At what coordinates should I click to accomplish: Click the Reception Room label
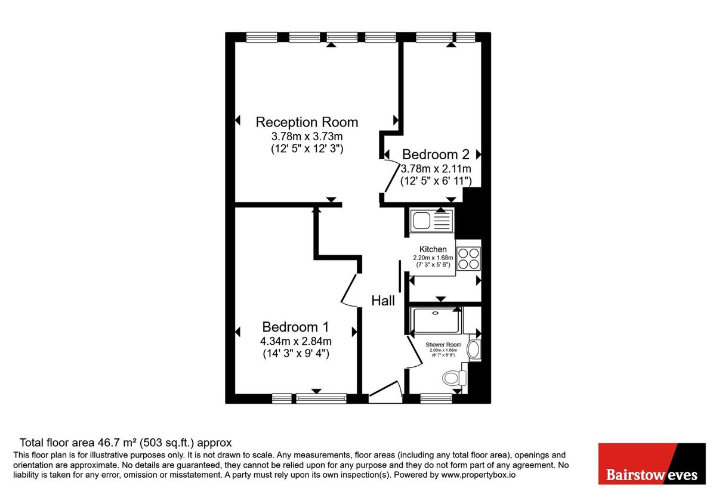point(307,122)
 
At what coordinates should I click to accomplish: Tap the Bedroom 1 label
point(295,327)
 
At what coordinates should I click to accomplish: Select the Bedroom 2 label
point(436,154)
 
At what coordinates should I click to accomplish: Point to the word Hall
point(383,301)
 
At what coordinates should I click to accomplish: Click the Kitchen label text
point(433,249)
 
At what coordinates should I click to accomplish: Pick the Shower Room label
point(443,345)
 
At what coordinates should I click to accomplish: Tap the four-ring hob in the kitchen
point(468,258)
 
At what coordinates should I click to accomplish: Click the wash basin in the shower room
point(473,350)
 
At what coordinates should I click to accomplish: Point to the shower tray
point(436,321)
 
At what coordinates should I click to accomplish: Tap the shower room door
point(415,352)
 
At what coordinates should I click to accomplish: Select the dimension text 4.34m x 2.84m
point(295,341)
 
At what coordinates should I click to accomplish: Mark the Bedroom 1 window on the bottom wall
point(309,398)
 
